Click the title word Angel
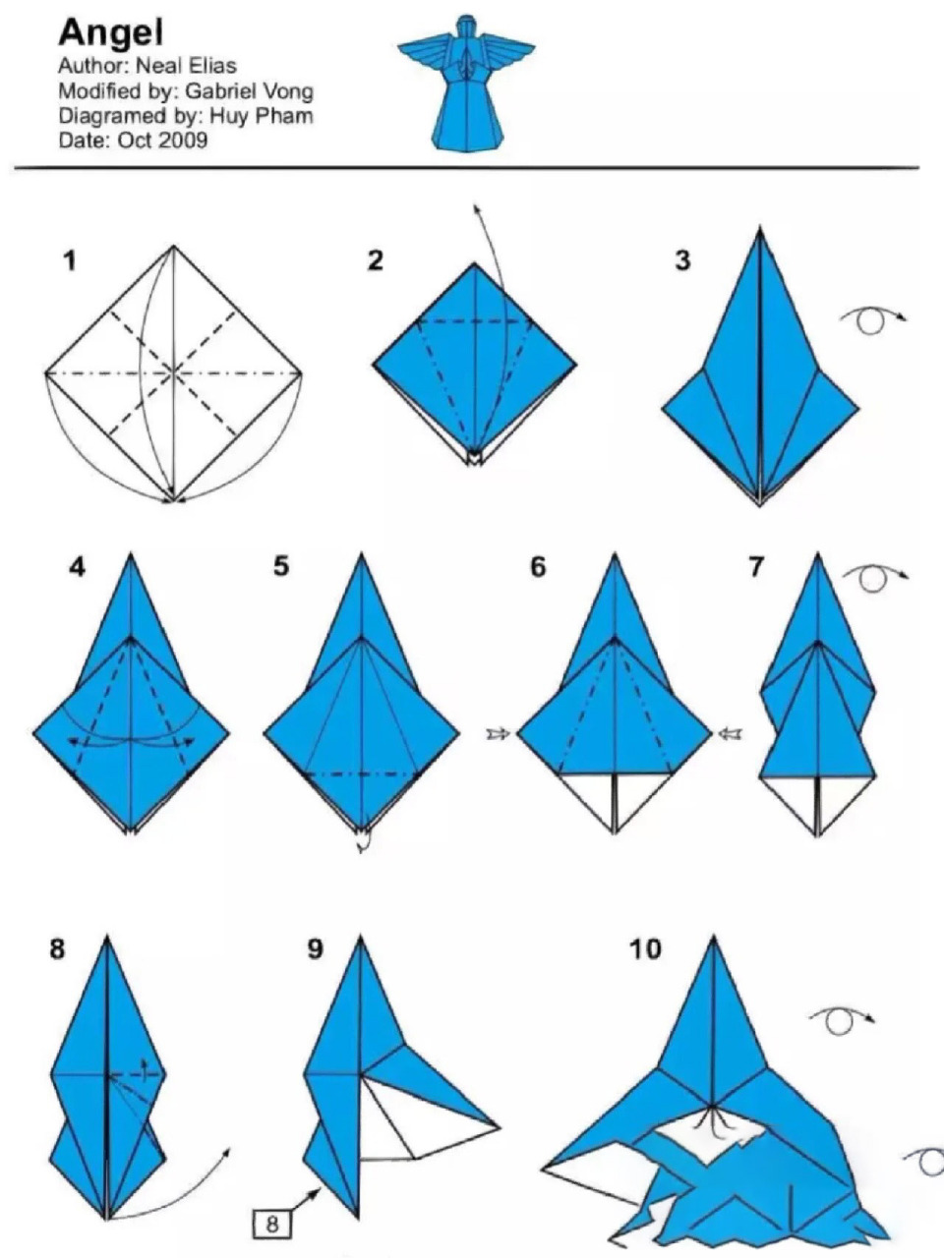[x=110, y=32]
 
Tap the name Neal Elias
[x=186, y=66]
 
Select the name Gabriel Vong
[x=250, y=91]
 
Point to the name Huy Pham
[x=262, y=116]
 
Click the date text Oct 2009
[x=162, y=141]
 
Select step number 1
[x=70, y=261]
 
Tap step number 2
[x=375, y=260]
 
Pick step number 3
[x=682, y=260]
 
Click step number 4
[x=77, y=567]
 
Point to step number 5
[x=281, y=567]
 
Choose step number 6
[x=538, y=567]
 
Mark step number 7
[x=756, y=567]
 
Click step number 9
[x=316, y=948]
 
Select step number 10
[x=645, y=948]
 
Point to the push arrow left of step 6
[x=498, y=733]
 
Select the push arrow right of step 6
[x=730, y=733]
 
